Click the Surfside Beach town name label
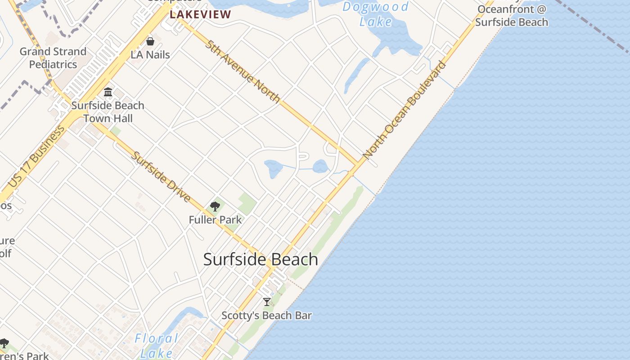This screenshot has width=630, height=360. pos(261,260)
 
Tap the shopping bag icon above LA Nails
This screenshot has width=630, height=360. pos(150,41)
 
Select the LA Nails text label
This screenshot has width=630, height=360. pos(150,55)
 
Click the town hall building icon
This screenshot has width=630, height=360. pos(108,92)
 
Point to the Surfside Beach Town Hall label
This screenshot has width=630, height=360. pos(108,112)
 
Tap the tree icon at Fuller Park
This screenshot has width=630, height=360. pos(215,207)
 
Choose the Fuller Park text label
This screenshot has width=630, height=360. pos(215,220)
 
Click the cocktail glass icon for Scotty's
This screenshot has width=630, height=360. pos(267,301)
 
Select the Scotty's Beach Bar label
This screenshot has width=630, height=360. pos(267,315)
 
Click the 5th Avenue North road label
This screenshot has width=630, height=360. pos(243,71)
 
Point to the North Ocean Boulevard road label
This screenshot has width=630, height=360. pos(405,110)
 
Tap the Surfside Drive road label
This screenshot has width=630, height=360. pos(161,176)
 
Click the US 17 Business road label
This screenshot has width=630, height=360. pos(36,157)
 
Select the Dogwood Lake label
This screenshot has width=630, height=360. pos(376,13)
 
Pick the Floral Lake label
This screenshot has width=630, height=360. pos(157,345)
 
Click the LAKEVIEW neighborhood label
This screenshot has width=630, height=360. pos(201,14)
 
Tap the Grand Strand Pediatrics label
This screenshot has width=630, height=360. pos(53,58)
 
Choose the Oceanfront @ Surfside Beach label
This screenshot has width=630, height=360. pos(512,16)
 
